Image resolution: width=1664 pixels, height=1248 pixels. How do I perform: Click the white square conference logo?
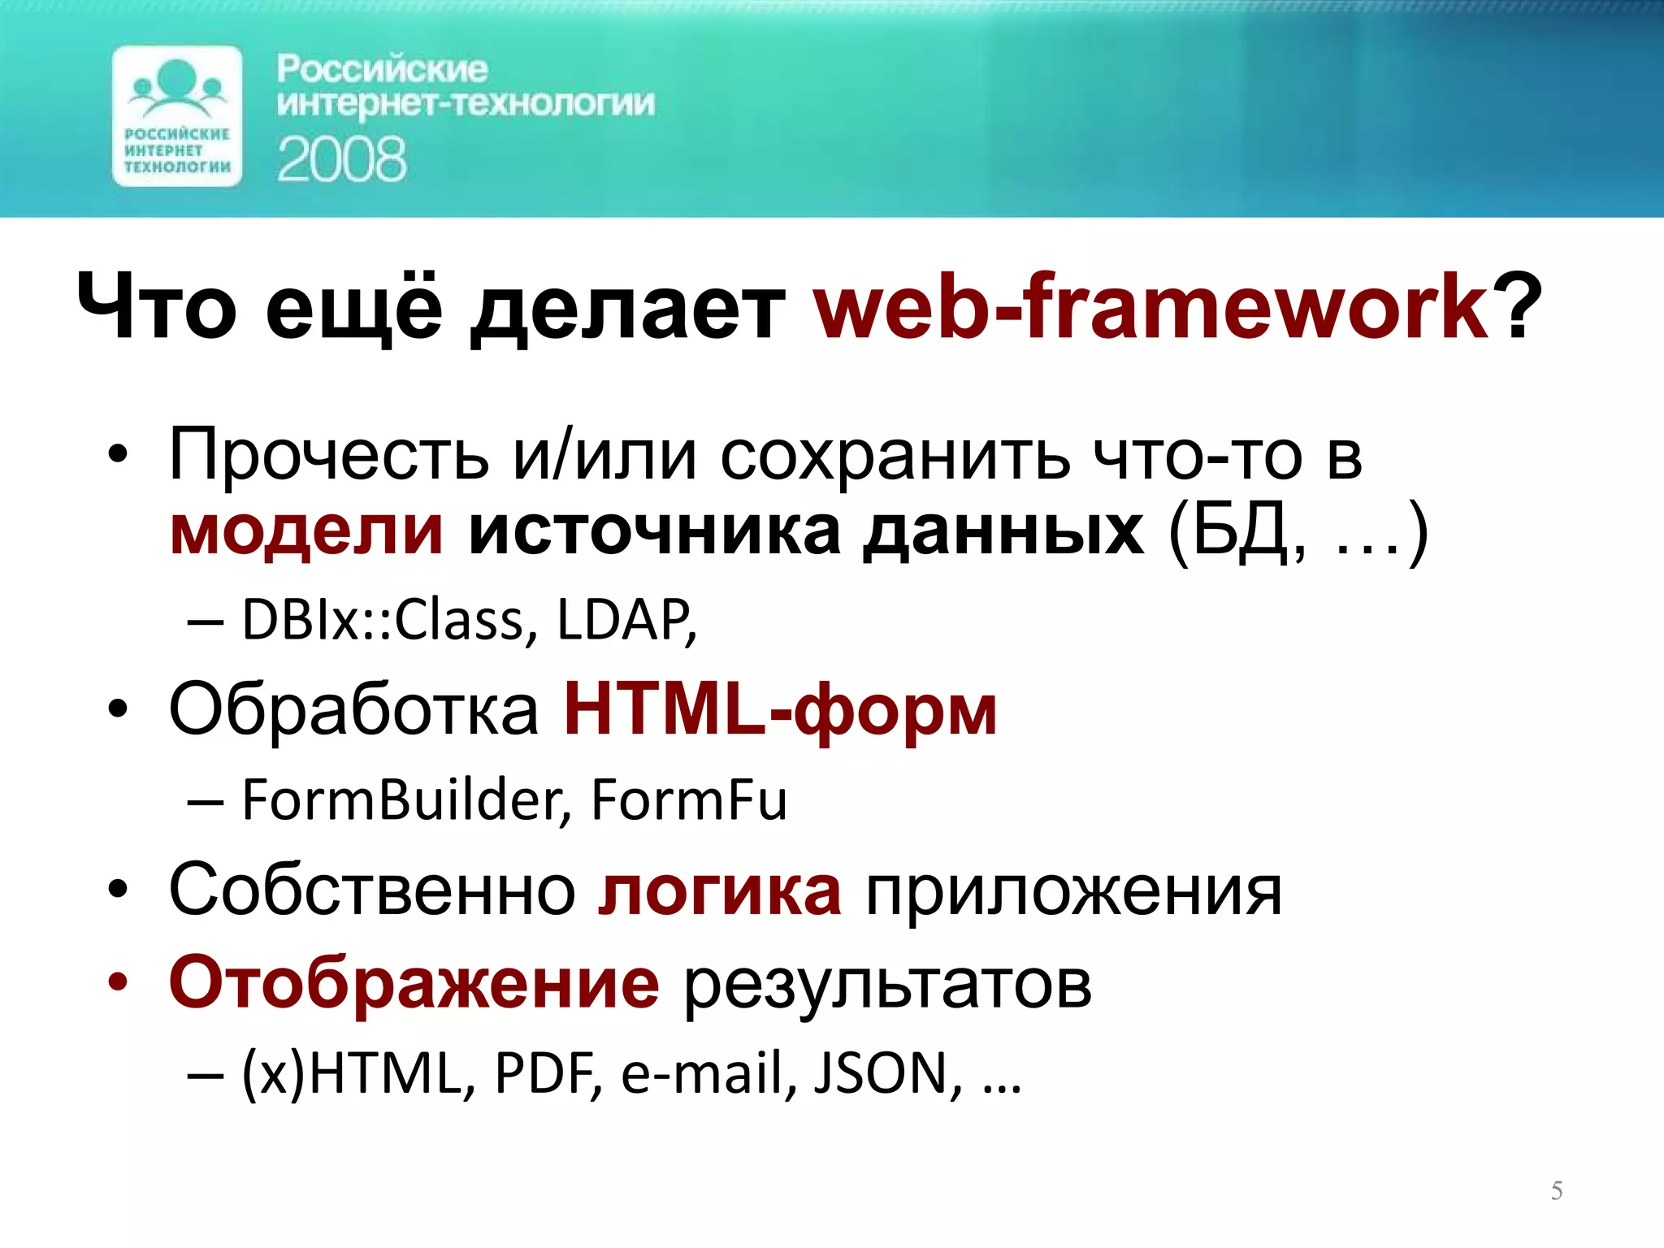(177, 116)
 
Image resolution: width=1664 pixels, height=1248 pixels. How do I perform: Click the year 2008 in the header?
(341, 160)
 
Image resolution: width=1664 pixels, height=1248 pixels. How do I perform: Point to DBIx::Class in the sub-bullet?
(382, 621)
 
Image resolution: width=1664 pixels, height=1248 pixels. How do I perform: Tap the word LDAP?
(624, 621)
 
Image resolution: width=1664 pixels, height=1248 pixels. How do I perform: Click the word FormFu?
(688, 800)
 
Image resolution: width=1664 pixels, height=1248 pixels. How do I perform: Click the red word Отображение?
(414, 983)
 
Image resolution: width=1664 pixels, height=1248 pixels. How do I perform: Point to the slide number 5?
(1556, 1190)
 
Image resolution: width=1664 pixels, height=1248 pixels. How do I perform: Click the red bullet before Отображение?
(118, 983)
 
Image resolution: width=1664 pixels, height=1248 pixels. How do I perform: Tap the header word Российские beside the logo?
(382, 69)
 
